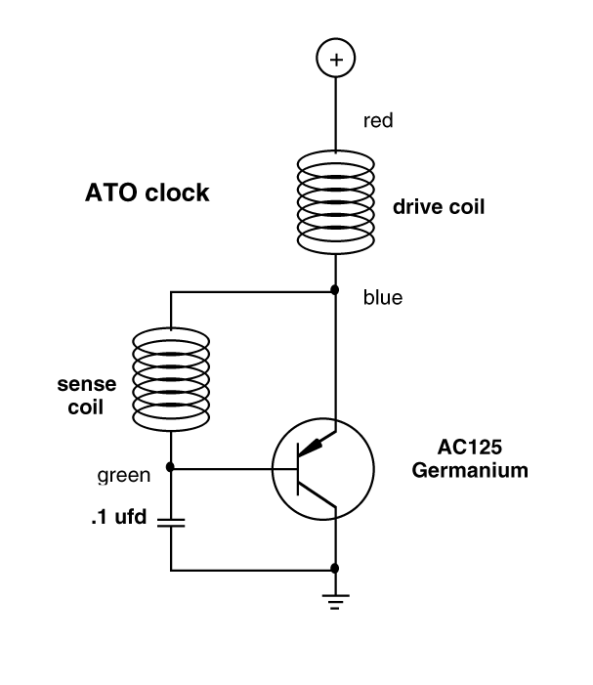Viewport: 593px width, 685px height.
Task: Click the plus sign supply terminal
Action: pos(335,60)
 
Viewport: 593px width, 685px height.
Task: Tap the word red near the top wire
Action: pos(378,121)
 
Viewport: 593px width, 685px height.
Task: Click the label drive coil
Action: pos(438,207)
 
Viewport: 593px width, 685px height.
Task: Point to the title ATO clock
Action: pos(148,193)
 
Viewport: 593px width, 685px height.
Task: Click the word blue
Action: pos(383,298)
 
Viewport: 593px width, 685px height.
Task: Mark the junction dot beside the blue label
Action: pos(335,290)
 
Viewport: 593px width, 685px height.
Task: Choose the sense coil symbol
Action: pos(171,375)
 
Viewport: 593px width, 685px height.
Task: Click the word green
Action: pos(124,476)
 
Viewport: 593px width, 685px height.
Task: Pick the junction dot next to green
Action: pos(171,468)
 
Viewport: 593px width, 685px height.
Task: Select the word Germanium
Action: pos(470,470)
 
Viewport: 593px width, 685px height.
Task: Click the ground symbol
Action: pos(335,601)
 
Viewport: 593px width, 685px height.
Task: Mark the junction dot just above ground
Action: pos(335,568)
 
